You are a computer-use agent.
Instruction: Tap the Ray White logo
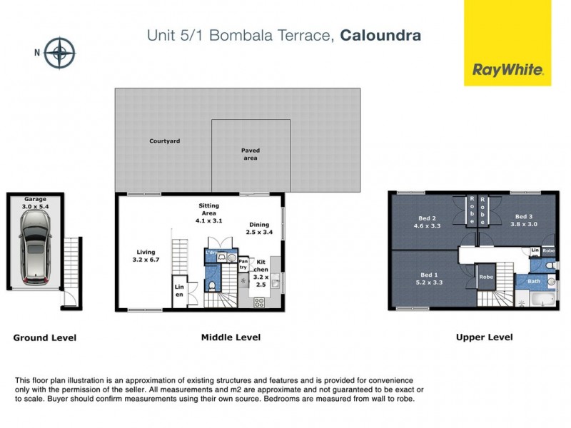tap(507, 70)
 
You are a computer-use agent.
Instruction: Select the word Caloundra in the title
tap(380, 34)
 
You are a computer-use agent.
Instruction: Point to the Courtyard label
tap(164, 141)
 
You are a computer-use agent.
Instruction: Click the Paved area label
tap(250, 154)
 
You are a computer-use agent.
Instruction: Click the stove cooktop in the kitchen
tap(258, 302)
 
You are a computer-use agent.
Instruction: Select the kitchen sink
tap(275, 280)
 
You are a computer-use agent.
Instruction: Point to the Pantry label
tap(243, 265)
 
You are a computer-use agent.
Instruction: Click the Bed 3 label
tap(523, 216)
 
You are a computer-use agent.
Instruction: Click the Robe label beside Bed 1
tap(486, 277)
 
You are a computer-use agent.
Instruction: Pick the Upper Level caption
tap(484, 337)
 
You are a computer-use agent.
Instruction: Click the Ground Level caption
tap(44, 338)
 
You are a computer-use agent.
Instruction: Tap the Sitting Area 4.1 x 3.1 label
tap(208, 213)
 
